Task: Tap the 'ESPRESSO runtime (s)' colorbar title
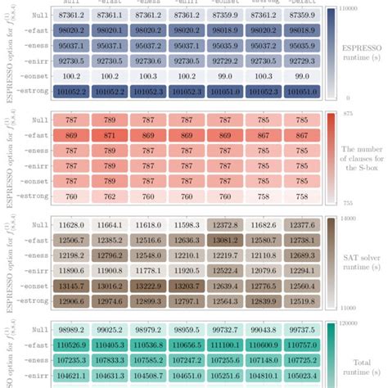click(361, 52)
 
